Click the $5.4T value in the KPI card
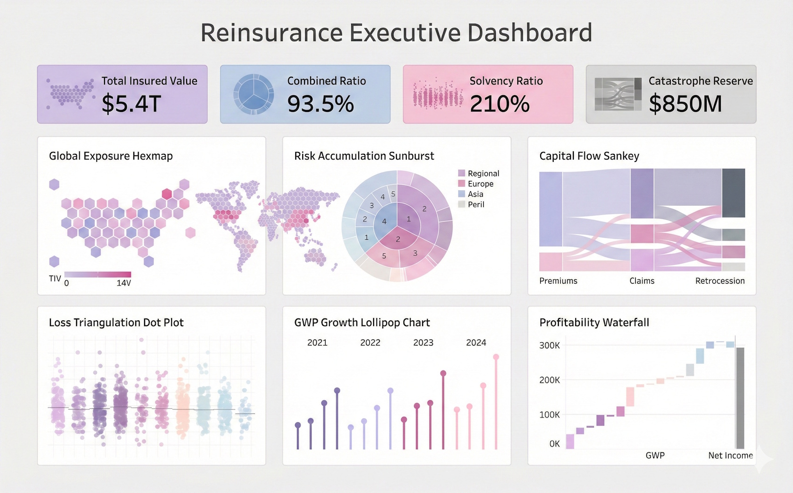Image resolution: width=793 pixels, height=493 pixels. (x=131, y=104)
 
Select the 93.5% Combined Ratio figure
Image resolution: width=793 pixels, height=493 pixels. (x=320, y=104)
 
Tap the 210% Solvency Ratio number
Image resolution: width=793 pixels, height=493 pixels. (x=499, y=104)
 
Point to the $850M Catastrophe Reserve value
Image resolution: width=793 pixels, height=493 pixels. (x=685, y=104)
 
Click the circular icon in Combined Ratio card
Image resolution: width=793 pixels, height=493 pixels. (x=253, y=94)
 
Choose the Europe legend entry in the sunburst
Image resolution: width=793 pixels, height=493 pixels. (x=480, y=184)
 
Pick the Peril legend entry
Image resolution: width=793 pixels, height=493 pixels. (x=476, y=204)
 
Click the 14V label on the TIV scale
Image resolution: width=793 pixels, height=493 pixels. (x=124, y=283)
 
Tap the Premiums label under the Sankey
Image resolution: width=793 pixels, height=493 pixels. (x=558, y=281)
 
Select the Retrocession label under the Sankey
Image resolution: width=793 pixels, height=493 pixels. (x=720, y=281)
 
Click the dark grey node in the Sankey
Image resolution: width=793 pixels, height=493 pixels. (x=733, y=193)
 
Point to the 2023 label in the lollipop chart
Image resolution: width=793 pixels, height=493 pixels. (x=423, y=342)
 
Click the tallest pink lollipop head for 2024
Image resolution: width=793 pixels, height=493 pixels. (x=496, y=357)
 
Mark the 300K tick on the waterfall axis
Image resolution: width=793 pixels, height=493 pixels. (x=549, y=346)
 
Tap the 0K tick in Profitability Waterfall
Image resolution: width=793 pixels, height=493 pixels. (x=554, y=444)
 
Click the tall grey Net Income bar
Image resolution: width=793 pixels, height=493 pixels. (x=740, y=397)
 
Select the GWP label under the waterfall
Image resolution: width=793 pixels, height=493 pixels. (x=655, y=455)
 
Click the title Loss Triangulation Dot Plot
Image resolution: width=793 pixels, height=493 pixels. (x=116, y=322)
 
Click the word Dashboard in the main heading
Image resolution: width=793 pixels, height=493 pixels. (x=529, y=33)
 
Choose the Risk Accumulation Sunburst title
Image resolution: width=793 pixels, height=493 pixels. (x=364, y=156)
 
